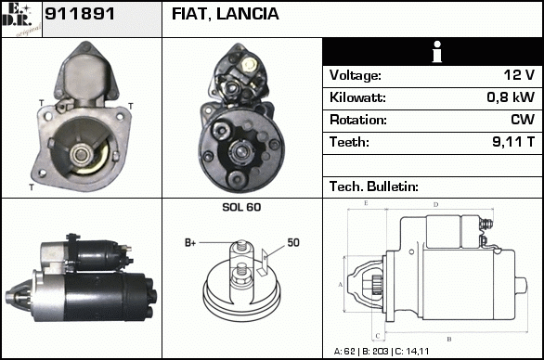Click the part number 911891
[x=80, y=14]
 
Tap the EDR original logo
[x=21, y=19]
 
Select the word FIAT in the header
[x=190, y=14]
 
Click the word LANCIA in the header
[x=247, y=14]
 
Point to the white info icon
[x=437, y=52]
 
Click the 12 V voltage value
[x=519, y=75]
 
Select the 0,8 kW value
[x=511, y=97]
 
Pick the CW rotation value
[x=523, y=120]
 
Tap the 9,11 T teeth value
[x=513, y=142]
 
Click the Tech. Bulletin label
[x=374, y=186]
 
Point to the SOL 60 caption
[x=241, y=207]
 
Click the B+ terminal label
[x=190, y=243]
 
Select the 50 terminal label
[x=293, y=242]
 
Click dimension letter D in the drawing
[x=435, y=205]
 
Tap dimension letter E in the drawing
[x=366, y=203]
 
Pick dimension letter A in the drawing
[x=341, y=285]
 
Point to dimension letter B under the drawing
[x=449, y=340]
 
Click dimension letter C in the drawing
[x=378, y=336]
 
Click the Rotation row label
[x=358, y=120]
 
